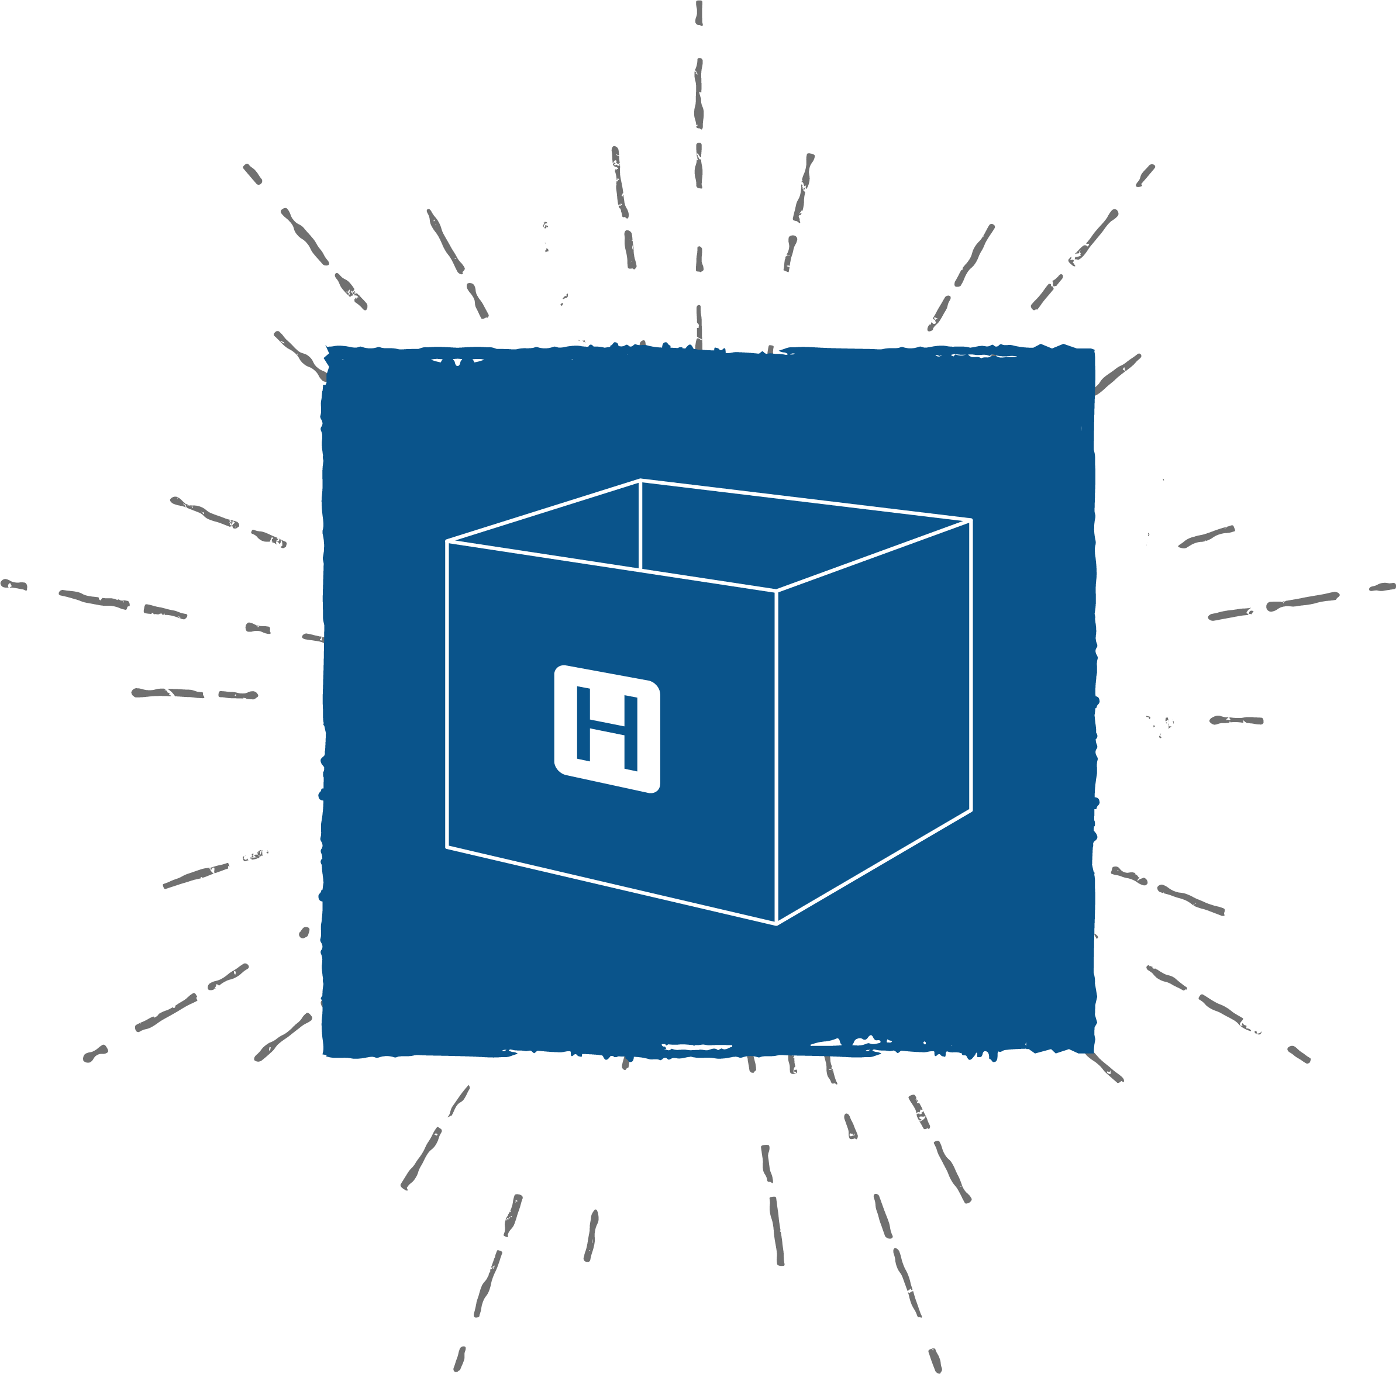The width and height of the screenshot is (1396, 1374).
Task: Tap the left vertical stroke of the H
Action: tap(583, 723)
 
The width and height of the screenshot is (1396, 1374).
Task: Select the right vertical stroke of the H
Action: tap(631, 734)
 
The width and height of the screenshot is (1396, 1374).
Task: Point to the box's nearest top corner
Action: tap(776, 591)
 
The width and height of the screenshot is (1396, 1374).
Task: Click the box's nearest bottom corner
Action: tap(776, 924)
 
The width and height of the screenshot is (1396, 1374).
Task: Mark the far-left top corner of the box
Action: tap(447, 540)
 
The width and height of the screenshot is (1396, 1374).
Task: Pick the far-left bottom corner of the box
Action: tap(447, 847)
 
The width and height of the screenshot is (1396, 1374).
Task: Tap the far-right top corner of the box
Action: tap(971, 520)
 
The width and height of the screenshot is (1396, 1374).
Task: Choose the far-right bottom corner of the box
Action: tap(971, 810)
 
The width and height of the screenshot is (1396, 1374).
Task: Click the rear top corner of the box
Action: tap(640, 480)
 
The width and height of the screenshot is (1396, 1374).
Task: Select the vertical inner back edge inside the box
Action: tap(640, 524)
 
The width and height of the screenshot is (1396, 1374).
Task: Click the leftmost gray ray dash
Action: tap(13, 585)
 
